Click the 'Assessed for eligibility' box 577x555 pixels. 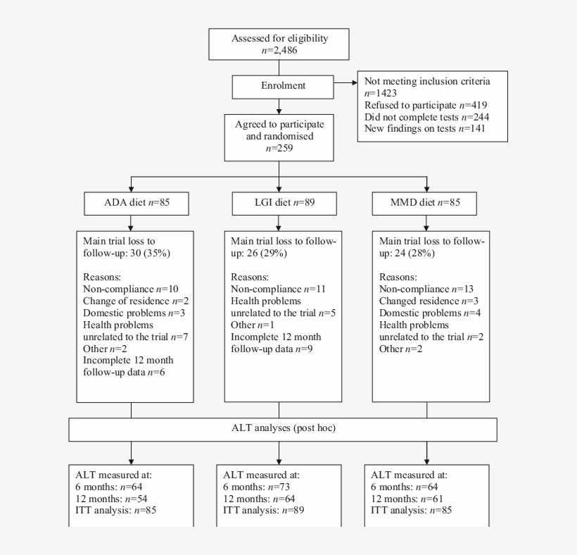tap(279, 44)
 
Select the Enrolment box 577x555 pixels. tap(279, 86)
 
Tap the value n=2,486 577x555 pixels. tap(279, 51)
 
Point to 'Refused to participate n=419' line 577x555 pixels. tap(426, 104)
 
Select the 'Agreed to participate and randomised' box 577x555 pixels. tap(279, 135)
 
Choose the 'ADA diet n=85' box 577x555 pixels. tap(131, 204)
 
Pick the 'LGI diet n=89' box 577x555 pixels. tap(279, 204)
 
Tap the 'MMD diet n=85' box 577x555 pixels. tap(426, 204)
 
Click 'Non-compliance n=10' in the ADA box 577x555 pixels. tap(122, 289)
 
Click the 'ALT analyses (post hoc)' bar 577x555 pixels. tap(282, 429)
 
